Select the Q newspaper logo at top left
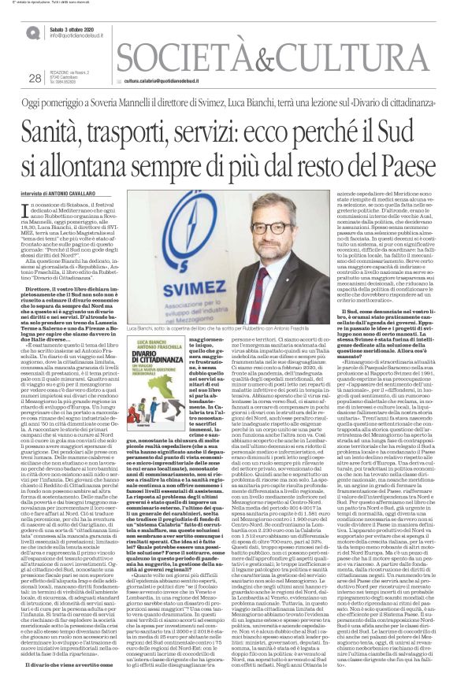tap(34, 32)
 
